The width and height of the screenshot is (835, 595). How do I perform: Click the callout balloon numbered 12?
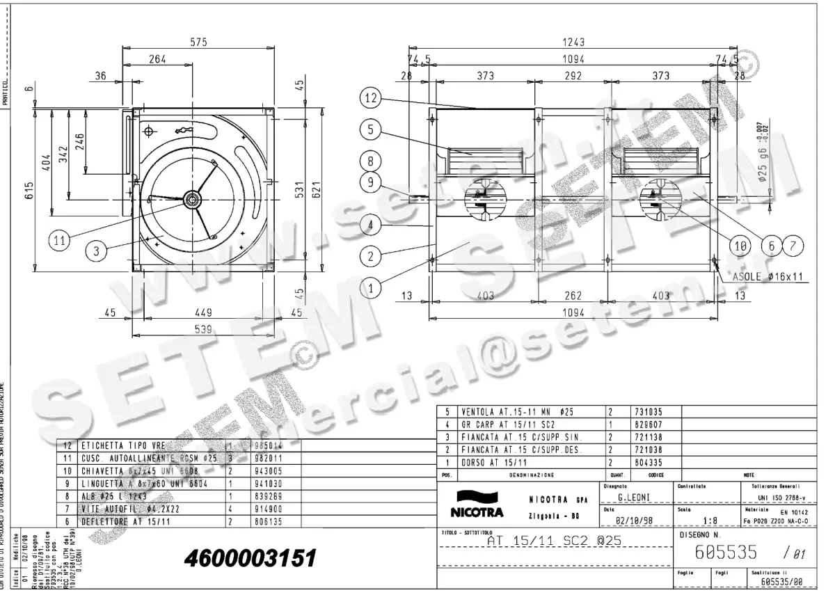pyautogui.click(x=370, y=99)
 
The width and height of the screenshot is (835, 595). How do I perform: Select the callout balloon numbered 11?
pyautogui.click(x=61, y=240)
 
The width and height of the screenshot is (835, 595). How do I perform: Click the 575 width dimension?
pyautogui.click(x=199, y=42)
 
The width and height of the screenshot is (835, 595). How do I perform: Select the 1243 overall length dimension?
pyautogui.click(x=573, y=42)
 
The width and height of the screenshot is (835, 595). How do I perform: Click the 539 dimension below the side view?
pyautogui.click(x=202, y=329)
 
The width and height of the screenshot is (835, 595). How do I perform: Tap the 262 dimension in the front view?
pyautogui.click(x=572, y=296)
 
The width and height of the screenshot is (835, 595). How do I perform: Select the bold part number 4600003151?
pyautogui.click(x=250, y=558)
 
